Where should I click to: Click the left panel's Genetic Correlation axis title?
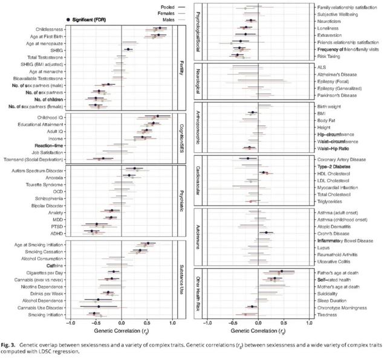pos(122,332)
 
